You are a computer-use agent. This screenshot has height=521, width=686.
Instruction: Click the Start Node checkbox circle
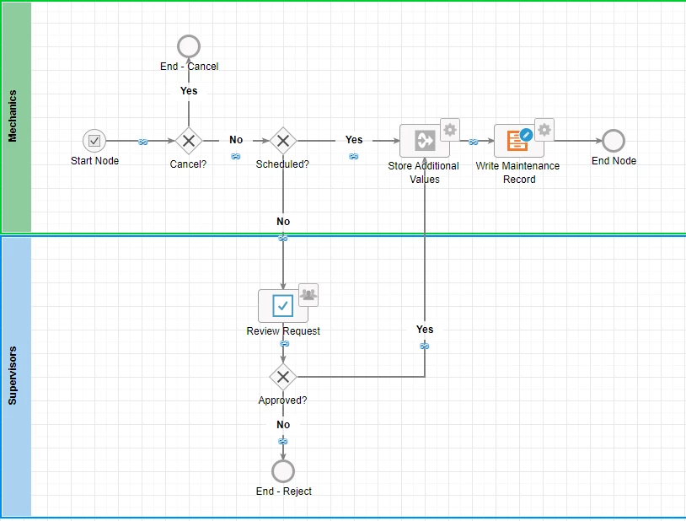coord(94,141)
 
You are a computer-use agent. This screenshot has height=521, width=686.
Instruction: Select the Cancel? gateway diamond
coord(189,141)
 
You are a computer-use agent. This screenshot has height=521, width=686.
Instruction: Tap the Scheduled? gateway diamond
coord(283,141)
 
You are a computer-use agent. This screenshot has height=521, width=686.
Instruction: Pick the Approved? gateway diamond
coord(283,377)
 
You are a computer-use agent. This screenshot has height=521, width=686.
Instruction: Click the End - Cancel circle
coord(189,46)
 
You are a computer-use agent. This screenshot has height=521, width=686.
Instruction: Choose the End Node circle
coord(614,141)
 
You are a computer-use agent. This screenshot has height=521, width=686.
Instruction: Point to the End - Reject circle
coord(283,471)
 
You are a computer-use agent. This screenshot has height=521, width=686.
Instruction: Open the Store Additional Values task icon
coord(425,141)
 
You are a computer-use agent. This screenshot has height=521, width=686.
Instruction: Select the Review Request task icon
coord(283,305)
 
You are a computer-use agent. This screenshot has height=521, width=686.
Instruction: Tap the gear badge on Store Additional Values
coord(450,130)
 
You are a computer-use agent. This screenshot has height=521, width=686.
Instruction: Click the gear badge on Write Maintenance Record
coord(544,130)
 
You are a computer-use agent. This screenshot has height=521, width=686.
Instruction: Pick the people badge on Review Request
coord(308,295)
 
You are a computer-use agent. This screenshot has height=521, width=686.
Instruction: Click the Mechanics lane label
coord(13,116)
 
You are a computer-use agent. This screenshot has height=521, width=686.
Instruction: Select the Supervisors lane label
coord(13,376)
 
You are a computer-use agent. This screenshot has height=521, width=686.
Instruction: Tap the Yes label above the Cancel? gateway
coord(189,91)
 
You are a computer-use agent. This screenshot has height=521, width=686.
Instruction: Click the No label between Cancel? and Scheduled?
coord(236,140)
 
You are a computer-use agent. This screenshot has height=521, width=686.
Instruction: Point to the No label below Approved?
coord(283,425)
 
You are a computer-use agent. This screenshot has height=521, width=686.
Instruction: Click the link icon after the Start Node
coord(142,142)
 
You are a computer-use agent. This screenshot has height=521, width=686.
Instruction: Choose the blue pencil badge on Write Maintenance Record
coord(527,134)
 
